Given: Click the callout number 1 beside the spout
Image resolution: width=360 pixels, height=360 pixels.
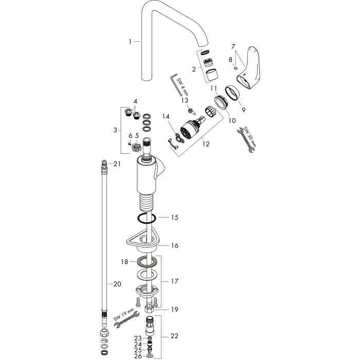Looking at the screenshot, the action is tap(130, 42).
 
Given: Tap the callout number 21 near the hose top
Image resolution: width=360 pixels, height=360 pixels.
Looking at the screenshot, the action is tap(117, 164).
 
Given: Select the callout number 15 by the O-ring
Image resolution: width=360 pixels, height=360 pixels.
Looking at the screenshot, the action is tap(175, 217).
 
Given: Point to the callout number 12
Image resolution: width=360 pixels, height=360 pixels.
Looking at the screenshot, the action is tap(206, 144).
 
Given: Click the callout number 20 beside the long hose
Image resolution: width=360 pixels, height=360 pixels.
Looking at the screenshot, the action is tap(117, 284).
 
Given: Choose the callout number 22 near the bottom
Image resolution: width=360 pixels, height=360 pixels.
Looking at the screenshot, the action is tap(174, 336).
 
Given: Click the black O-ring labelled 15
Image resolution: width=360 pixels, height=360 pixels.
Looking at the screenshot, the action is tap(147, 218).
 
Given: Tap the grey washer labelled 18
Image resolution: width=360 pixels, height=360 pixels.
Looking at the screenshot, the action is tap(147, 261).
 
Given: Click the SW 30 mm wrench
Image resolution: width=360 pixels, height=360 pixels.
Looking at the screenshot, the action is tap(246, 140).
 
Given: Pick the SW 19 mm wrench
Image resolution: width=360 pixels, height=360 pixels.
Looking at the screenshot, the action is tap(127, 319).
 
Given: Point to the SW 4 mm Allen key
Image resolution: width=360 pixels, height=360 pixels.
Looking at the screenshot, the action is tap(177, 85).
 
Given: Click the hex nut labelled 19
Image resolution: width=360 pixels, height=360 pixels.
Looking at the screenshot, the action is tap(150, 309).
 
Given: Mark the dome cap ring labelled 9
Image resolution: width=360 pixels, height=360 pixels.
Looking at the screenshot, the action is tap(232, 93).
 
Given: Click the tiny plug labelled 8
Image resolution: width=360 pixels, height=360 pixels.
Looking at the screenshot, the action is tap(236, 68).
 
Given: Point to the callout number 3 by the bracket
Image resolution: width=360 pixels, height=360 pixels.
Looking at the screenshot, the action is tap(115, 130).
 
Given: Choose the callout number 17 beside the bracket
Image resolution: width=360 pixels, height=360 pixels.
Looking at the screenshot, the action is tap(174, 281).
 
